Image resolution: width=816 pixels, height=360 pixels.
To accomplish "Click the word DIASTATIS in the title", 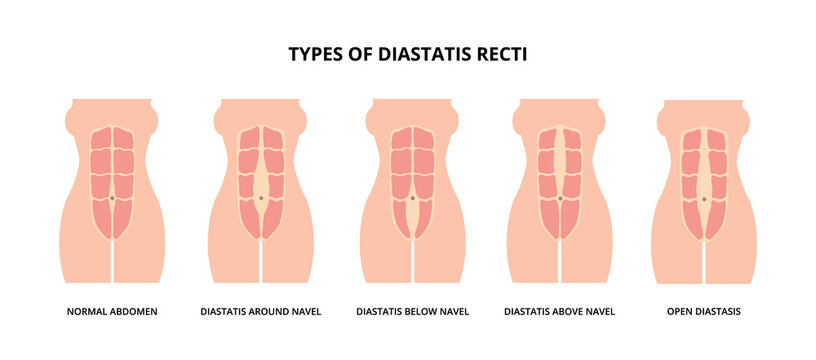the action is tap(417, 54).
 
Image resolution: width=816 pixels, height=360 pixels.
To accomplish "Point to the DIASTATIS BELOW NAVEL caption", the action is tap(412, 311).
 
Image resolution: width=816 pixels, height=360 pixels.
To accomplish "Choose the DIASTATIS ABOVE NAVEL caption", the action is tap(560, 311).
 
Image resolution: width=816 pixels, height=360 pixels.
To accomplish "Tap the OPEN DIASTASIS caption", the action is tap(704, 311).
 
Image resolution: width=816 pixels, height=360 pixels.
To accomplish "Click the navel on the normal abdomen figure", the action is tap(113, 200).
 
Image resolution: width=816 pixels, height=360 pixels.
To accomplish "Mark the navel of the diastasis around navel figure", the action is tap(261, 198).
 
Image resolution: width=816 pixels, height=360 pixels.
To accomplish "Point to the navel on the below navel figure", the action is tap(412, 199).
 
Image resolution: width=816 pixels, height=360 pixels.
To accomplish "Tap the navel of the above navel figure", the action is tap(560, 198).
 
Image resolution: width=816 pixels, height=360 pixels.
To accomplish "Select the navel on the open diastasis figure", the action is tap(705, 199).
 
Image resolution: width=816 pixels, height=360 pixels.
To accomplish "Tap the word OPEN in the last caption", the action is tap(676, 311).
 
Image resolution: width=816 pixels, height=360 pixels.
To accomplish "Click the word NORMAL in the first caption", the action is tap(87, 311).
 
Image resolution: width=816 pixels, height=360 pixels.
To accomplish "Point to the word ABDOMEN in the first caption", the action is tap(134, 311).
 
